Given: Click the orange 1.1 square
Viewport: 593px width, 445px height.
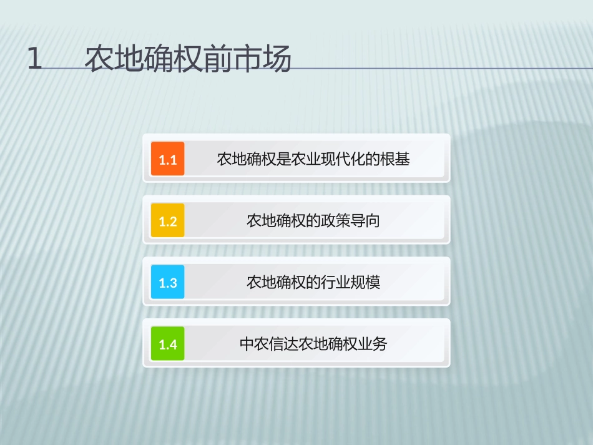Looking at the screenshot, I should [x=168, y=159].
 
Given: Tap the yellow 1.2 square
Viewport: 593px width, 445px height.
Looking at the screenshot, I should [x=168, y=221].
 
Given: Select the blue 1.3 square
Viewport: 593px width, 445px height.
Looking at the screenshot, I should [x=168, y=283].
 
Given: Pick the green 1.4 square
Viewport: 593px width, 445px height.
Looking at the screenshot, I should [x=168, y=344].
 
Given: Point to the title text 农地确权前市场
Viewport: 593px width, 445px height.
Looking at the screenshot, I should [x=188, y=60].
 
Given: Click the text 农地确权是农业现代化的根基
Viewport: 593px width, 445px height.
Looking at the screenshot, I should [x=313, y=159].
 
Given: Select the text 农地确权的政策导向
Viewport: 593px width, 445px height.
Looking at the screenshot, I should [x=313, y=221].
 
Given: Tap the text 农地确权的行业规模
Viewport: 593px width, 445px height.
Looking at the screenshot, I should [x=313, y=283].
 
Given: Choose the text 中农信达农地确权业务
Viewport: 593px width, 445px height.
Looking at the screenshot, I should [x=313, y=344].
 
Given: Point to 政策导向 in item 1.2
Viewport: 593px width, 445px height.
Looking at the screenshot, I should [x=350, y=221].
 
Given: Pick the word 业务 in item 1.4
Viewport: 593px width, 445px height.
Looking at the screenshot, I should [x=373, y=344].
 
